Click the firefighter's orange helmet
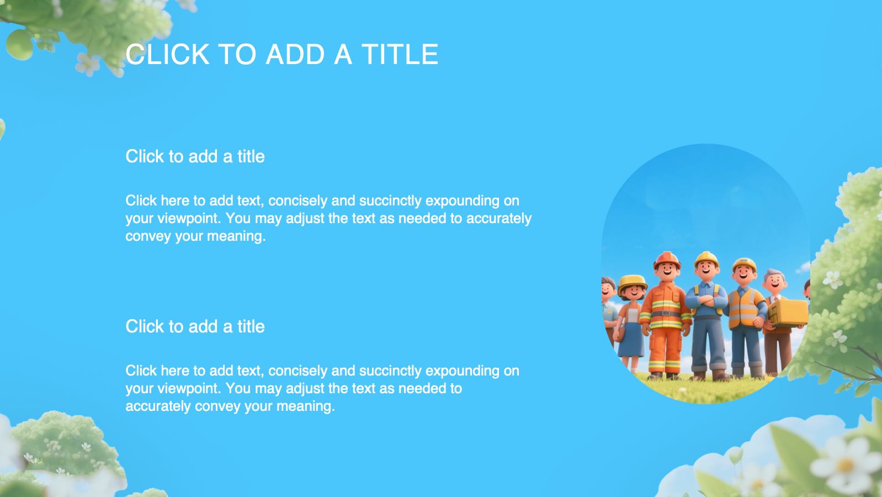(667, 260)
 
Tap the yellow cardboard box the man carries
(788, 313)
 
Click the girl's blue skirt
(631, 340)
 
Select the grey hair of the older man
(774, 273)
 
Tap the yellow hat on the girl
(632, 283)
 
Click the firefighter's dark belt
(666, 314)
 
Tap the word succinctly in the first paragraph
(390, 201)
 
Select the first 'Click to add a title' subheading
(195, 156)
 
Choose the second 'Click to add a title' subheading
(195, 326)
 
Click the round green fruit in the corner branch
(19, 45)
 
